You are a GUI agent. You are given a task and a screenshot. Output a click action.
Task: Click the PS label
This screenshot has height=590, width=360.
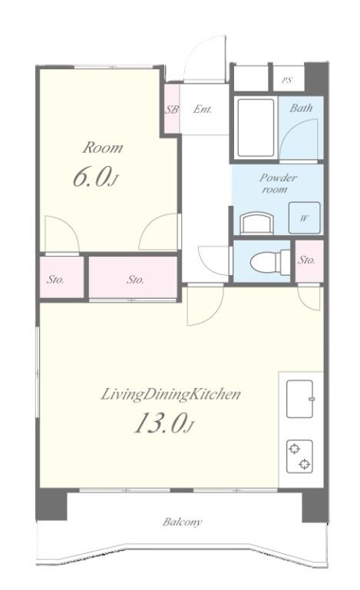[x=287, y=80]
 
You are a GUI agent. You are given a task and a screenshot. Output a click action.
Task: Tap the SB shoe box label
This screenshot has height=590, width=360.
[x=172, y=110]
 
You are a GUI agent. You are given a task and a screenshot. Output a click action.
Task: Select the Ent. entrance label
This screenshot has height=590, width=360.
[x=203, y=109]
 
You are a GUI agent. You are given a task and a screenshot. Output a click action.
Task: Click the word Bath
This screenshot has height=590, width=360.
[x=301, y=108]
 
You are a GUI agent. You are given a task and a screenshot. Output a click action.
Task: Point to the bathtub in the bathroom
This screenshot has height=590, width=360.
[x=256, y=128]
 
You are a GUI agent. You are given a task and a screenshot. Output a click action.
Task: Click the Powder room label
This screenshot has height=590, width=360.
[x=279, y=184]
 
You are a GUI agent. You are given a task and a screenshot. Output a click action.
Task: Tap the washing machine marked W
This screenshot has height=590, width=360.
[x=305, y=218]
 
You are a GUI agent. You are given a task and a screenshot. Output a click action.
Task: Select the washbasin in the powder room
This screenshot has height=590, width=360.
[x=256, y=223]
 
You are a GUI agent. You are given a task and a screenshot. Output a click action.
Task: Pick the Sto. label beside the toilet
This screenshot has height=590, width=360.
[x=306, y=260]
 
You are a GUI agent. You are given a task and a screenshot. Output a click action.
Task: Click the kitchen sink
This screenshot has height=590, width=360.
[x=300, y=399]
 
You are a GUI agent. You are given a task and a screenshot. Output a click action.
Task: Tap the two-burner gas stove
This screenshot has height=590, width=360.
[x=299, y=456]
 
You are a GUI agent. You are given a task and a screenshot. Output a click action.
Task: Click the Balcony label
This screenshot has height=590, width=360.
[x=182, y=522]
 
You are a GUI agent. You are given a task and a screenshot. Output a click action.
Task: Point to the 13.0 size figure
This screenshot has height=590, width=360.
[x=163, y=423]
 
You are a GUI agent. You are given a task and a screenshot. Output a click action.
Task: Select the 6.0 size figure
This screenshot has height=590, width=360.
[x=95, y=177]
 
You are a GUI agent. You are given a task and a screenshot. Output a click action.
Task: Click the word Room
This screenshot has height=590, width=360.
[x=103, y=147]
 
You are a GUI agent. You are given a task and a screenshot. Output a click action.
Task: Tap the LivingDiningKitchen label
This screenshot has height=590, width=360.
[x=170, y=395]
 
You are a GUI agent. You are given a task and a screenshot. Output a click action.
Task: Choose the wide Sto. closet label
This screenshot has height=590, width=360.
[x=135, y=280]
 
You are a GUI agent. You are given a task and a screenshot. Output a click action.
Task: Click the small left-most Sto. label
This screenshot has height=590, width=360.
[x=55, y=280]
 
